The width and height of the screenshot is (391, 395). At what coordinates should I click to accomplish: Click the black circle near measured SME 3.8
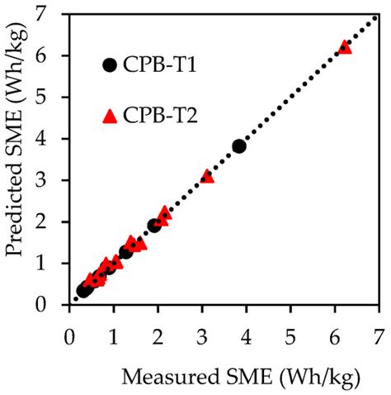point(239,146)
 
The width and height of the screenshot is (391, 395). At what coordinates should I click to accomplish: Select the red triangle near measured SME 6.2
point(345,47)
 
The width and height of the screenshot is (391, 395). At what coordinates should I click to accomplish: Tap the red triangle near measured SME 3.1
point(207,176)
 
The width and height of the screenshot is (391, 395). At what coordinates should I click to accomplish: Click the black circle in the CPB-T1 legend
point(110,65)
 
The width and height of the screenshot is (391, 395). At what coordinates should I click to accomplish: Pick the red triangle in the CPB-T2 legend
point(110,116)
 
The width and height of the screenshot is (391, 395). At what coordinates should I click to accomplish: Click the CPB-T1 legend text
point(159,65)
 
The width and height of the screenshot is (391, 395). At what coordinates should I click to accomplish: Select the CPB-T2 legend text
point(160,116)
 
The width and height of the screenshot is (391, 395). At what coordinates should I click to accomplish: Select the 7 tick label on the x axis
point(379,337)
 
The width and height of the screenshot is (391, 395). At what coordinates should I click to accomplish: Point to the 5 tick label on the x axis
point(290,337)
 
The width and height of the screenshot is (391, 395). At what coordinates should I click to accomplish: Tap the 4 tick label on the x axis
point(247,337)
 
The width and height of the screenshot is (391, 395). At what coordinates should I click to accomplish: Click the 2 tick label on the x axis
point(158,337)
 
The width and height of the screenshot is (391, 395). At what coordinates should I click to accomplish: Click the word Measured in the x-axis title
point(170,377)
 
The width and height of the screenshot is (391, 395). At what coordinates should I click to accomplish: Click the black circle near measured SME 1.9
point(154,225)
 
